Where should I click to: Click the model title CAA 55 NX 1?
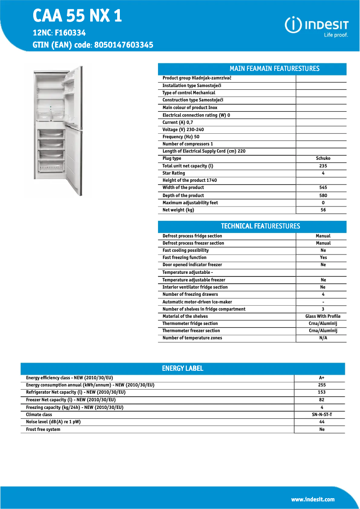coord(77,16)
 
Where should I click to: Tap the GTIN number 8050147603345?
coord(124,45)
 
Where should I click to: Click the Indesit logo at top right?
coord(316,26)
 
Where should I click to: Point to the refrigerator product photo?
coord(59,131)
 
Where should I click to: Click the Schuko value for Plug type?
coord(323,158)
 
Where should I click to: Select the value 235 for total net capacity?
coord(323,166)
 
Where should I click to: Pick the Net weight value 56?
coord(323,210)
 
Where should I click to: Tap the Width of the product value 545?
coord(323,188)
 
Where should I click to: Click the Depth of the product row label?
coord(183,195)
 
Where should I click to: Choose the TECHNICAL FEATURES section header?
coord(260,226)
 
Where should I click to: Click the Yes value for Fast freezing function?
coord(323,258)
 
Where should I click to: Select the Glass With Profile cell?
coord(323,316)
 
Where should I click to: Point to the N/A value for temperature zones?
coord(323,338)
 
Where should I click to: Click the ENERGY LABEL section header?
coord(182,369)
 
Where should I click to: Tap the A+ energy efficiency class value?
coord(321,378)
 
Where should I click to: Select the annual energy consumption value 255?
coord(321,385)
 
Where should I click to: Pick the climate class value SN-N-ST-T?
coord(321,415)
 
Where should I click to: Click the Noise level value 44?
coord(321,422)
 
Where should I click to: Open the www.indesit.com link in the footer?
coord(312,499)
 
